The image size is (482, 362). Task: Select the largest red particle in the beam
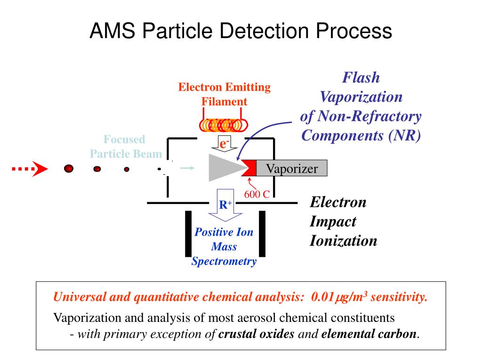pyautogui.click(x=69, y=169)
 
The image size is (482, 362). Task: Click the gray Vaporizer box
pyautogui.click(x=291, y=169)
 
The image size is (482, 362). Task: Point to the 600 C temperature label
pyautogui.click(x=257, y=194)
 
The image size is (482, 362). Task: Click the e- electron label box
pyautogui.click(x=224, y=143)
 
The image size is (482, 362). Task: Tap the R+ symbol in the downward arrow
pyautogui.click(x=225, y=205)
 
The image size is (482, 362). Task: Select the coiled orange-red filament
pyautogui.click(x=222, y=124)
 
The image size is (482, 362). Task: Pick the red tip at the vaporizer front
pyautogui.click(x=250, y=168)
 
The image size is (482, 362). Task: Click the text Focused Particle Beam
pyautogui.click(x=125, y=147)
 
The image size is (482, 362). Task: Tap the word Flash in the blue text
pyautogui.click(x=361, y=77)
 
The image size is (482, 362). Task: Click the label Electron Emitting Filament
pyautogui.click(x=224, y=94)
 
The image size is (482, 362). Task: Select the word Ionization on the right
pyautogui.click(x=343, y=241)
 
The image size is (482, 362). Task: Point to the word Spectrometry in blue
pyautogui.click(x=224, y=262)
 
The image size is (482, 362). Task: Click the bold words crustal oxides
pyautogui.click(x=257, y=334)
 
